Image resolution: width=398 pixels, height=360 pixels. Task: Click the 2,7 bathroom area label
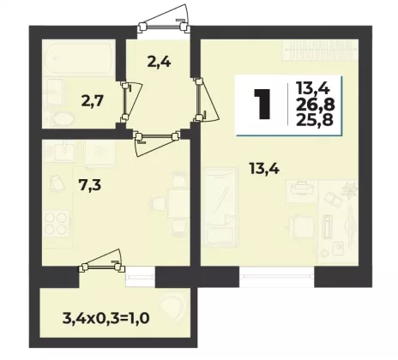92,101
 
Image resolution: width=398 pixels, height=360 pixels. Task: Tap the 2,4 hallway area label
159,62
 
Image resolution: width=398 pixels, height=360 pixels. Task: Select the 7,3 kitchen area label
90,186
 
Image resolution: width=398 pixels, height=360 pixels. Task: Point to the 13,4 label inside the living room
264,168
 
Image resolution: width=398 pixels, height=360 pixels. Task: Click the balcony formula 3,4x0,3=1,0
106,317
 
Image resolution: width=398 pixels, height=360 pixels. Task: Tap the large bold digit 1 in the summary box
262,104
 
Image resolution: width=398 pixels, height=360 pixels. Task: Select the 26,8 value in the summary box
315,105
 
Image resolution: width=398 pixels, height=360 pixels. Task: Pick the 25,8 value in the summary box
315,120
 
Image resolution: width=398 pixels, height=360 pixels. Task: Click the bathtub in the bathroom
79,58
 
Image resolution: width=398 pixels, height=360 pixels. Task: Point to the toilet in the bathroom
63,119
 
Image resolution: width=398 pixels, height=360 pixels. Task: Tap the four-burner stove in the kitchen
57,225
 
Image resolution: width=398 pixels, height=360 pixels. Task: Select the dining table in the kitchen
178,204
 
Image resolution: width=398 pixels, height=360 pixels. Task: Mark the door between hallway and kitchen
157,141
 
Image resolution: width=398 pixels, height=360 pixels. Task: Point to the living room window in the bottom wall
277,276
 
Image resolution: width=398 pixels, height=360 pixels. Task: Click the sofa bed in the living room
220,207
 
